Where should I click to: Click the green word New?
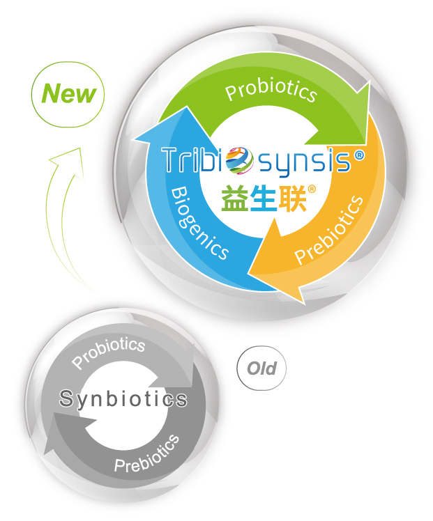click(x=68, y=93)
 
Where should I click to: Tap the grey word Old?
click(x=261, y=368)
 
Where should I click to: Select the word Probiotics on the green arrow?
click(x=271, y=90)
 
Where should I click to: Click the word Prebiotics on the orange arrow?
click(x=329, y=230)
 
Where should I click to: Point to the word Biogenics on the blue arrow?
click(x=199, y=223)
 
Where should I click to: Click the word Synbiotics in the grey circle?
click(x=123, y=398)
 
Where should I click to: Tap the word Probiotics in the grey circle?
click(x=108, y=352)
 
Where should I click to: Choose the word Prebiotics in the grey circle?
click(x=147, y=454)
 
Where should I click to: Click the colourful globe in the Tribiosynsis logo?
click(x=239, y=160)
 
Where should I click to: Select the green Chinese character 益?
click(x=234, y=199)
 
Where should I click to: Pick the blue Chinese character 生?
click(x=263, y=199)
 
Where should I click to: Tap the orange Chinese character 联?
click(x=291, y=199)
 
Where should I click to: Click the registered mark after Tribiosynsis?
click(x=359, y=155)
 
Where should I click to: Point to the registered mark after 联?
click(x=312, y=189)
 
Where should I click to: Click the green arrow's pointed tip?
click(x=370, y=81)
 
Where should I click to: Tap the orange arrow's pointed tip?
click(x=304, y=304)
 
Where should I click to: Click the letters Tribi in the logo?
click(x=194, y=160)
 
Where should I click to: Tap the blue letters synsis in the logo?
click(x=304, y=164)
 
